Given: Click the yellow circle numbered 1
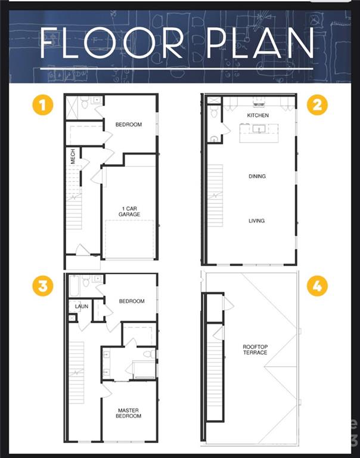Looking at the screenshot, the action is (x=43, y=104).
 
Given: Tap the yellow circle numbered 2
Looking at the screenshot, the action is (x=317, y=104).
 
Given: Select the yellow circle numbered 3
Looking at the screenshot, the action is (x=43, y=286).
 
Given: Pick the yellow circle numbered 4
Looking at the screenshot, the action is (x=317, y=286).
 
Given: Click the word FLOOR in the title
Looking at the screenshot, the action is (x=111, y=43).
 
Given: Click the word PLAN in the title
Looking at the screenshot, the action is (x=260, y=43).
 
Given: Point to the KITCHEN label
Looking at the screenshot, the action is (x=258, y=115).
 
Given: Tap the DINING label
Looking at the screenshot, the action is (x=257, y=176).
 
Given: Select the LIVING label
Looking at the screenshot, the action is (x=257, y=221).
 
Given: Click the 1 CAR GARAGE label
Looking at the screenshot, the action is (x=129, y=212).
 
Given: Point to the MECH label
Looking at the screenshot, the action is (x=73, y=156).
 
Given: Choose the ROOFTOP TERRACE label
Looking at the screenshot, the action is (x=255, y=349).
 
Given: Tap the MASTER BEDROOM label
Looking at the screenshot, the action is (x=129, y=413).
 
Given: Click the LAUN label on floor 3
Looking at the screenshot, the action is (x=82, y=307).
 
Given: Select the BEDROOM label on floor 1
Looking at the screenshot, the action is (x=129, y=125).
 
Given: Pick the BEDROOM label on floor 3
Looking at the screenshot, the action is (x=132, y=301).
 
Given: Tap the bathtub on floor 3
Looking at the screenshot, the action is (x=74, y=286).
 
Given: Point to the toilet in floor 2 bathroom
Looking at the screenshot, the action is (x=214, y=112).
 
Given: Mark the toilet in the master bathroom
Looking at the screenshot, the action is (x=150, y=354).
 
